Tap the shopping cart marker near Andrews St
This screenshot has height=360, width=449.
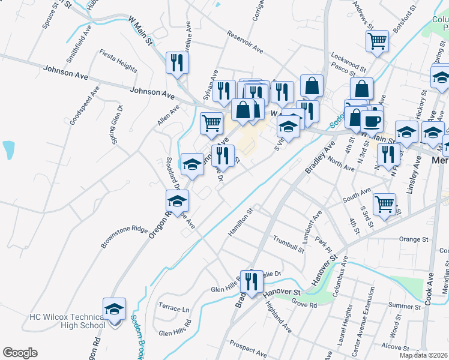point(377,41)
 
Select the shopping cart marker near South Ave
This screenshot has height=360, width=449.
point(384,203)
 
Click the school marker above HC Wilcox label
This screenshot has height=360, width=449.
point(114,309)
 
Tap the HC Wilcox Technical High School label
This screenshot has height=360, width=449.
point(67,320)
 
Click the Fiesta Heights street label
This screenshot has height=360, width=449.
point(118,61)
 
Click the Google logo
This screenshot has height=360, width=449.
point(20,353)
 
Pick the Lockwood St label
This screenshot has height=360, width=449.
point(348,61)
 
